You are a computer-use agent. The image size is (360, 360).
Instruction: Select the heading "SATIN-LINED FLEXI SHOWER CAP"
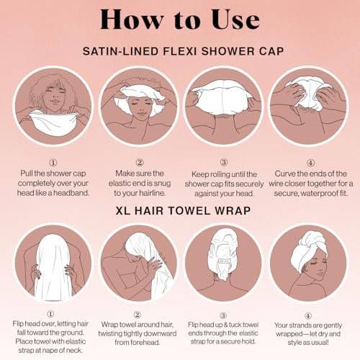tap(180, 52)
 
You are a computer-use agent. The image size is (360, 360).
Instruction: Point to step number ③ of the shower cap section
tap(222, 162)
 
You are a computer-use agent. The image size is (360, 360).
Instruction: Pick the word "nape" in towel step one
tap(60, 351)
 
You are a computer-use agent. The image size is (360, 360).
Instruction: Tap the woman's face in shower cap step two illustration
tap(138, 112)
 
